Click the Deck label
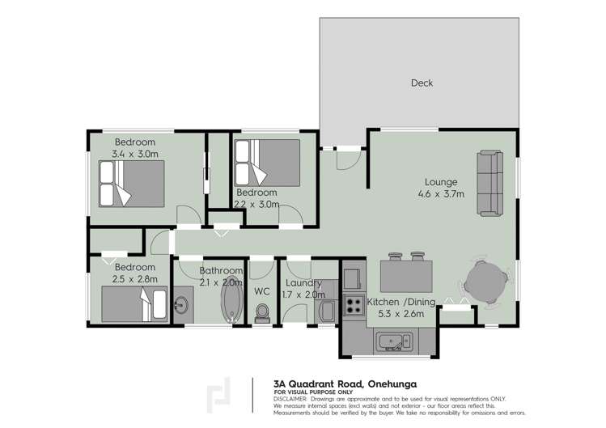[422, 83]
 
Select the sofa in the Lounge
[489, 183]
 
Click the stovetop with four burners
[354, 304]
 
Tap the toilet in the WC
[261, 312]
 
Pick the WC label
[261, 290]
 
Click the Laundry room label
[303, 283]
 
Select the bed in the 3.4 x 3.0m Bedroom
[131, 184]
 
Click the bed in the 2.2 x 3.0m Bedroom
[267, 162]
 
